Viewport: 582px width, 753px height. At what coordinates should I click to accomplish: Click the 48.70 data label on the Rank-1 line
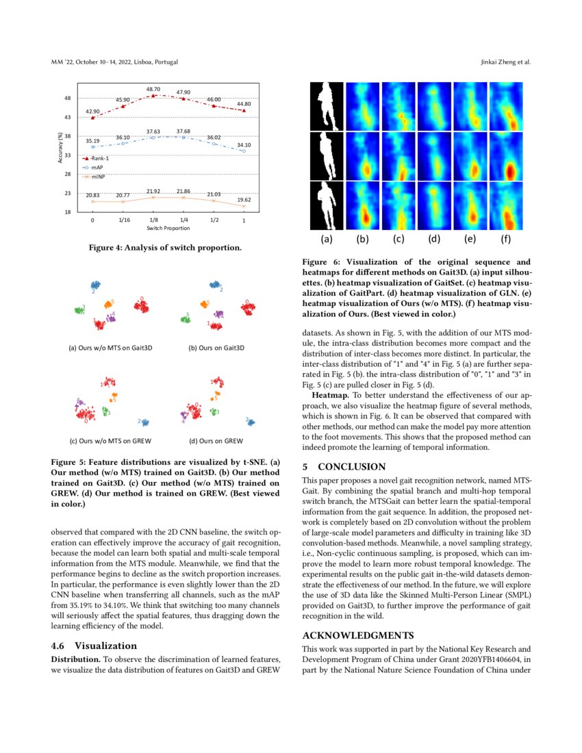click(x=153, y=89)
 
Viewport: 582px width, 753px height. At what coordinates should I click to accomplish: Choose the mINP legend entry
click(x=97, y=176)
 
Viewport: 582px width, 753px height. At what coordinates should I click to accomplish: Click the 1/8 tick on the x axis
click(x=153, y=220)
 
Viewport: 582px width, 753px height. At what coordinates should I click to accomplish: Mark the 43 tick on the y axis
click(x=67, y=117)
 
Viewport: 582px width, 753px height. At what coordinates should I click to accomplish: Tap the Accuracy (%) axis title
click(x=60, y=147)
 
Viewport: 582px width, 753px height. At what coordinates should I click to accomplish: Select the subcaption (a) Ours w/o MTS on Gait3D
click(x=110, y=347)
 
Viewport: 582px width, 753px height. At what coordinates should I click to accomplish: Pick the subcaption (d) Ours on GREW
click(x=216, y=441)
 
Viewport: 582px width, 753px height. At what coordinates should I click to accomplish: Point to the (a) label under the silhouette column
click(x=327, y=240)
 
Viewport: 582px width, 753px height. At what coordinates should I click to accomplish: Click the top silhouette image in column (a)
click(x=327, y=106)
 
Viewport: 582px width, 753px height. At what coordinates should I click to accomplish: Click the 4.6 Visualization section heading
click(x=94, y=646)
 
